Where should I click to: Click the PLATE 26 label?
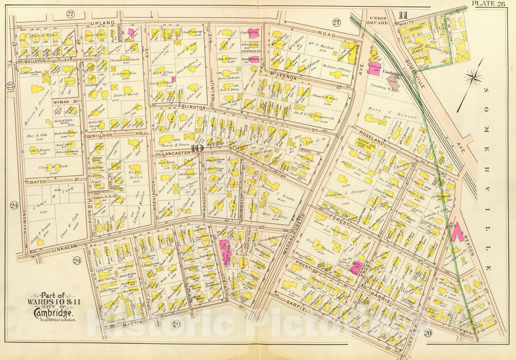[489, 4]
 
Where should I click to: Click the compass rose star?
[473, 78]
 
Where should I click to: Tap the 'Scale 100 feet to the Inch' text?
[48, 319]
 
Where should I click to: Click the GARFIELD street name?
[304, 307]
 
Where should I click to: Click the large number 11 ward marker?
[402, 15]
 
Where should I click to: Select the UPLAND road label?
[103, 22]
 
